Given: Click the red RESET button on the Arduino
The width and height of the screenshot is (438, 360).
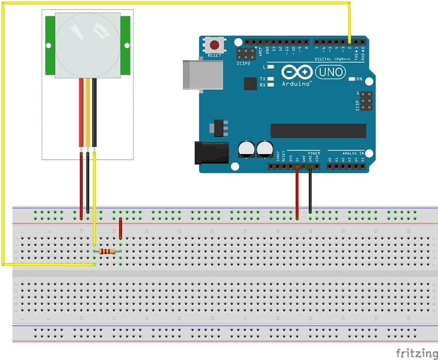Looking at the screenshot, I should tap(215, 45).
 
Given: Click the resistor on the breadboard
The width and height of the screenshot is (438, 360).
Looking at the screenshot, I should tap(108, 252).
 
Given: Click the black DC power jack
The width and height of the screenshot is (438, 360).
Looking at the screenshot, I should tap(211, 153).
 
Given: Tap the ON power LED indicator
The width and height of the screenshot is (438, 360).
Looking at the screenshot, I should tap(352, 79).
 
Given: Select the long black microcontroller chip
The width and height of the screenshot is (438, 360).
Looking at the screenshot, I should tap(318, 130).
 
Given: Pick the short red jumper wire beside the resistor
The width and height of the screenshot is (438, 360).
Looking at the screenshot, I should tap(120, 228).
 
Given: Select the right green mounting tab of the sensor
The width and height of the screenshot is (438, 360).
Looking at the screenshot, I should tap(126, 45).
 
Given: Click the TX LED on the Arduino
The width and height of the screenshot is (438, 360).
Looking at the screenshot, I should tap(270, 79).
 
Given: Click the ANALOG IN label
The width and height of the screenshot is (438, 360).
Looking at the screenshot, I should tap(352, 153).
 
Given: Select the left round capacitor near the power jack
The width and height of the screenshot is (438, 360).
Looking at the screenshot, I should tap(246, 148).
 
